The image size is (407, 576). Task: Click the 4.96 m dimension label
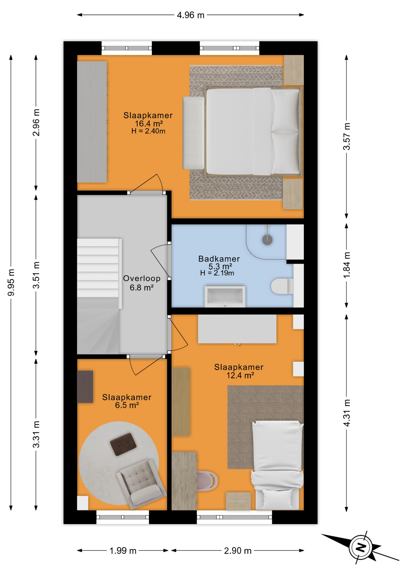191,15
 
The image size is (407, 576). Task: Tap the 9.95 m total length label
11,282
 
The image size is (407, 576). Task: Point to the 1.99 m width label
123,551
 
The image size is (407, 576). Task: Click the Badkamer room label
219,259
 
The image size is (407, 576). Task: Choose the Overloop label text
142,278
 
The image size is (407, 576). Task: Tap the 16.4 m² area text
149,123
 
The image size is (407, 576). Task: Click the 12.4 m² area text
240,375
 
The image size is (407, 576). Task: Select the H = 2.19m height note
217,273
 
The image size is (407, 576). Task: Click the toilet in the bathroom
282,286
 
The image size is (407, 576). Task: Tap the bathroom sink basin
225,296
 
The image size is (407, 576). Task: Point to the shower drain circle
267,240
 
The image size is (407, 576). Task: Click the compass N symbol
361,547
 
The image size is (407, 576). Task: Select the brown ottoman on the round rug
123,444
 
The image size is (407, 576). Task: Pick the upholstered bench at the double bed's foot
194,133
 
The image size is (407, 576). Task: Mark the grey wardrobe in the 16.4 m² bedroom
92,122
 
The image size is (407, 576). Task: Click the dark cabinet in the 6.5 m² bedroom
85,387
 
